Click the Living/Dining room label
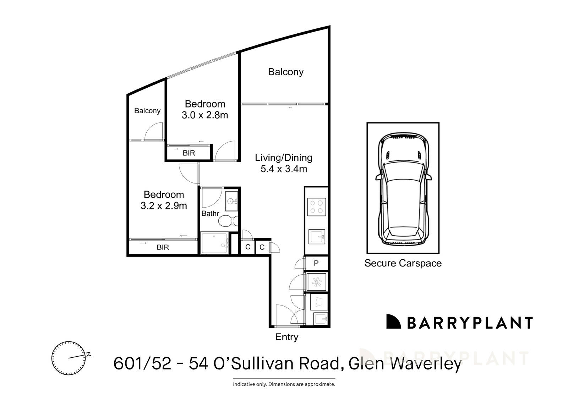pos(283,158)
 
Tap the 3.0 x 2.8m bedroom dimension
pos(205,115)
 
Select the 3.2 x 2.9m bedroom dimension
pos(164,206)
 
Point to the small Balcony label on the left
pos(147,111)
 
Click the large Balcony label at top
pos(285,72)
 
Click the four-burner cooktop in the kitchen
pos(316,207)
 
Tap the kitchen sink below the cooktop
pos(317,236)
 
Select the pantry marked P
pos(316,263)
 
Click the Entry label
pos(286,337)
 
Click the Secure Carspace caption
pos(403,263)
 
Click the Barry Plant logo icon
pos(393,322)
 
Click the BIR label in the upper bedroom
pos(189,153)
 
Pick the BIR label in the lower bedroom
pos(163,247)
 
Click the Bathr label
pos(210,214)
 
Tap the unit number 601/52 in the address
pos(142,363)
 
